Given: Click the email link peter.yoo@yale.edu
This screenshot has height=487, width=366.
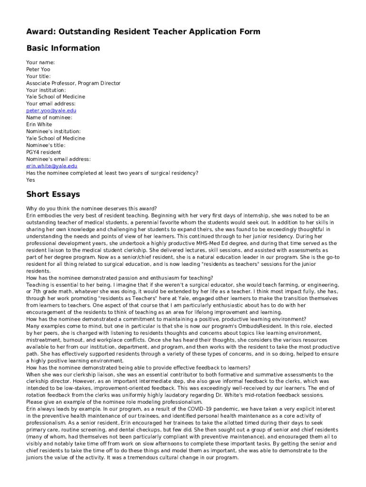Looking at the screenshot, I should [51, 111].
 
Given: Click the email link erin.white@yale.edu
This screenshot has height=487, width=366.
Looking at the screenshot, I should [51, 166].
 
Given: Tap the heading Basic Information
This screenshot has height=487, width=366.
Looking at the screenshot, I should [63, 48].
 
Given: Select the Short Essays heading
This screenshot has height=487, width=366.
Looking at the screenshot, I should [53, 194].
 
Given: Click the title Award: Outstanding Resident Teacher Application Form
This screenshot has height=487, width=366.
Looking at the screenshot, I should [143, 32].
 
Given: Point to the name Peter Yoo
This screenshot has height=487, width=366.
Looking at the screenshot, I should [38, 69].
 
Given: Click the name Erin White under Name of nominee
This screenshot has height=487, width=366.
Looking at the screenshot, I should [39, 125].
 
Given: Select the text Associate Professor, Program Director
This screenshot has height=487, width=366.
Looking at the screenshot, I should [73, 83].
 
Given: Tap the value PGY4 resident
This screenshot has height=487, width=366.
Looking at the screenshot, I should [44, 152].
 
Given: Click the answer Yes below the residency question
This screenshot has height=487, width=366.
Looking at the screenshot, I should [30, 180].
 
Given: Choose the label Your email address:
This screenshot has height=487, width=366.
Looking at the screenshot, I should [51, 104].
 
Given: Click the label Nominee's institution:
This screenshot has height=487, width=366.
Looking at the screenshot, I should [53, 131].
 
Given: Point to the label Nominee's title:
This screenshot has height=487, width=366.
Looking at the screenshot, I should [46, 145].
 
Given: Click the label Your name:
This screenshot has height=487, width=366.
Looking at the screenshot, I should [40, 62].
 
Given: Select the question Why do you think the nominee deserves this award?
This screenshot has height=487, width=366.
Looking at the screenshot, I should [92, 208].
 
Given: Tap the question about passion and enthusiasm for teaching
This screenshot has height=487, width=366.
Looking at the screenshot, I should [120, 278].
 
